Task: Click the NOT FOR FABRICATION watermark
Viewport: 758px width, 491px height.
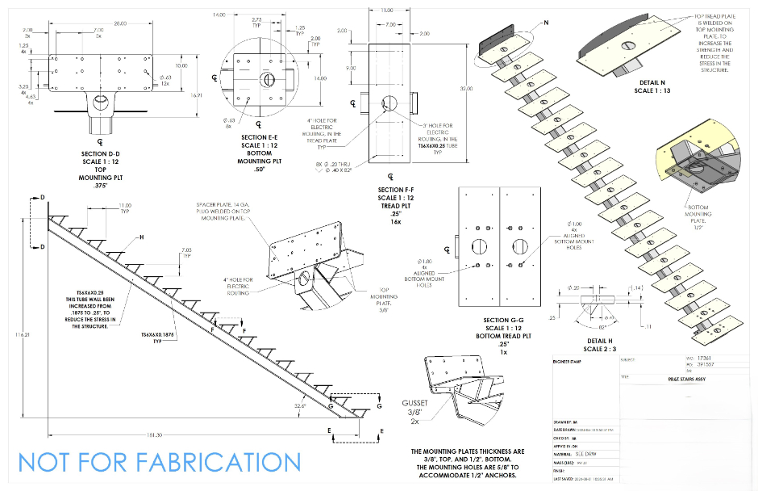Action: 159,463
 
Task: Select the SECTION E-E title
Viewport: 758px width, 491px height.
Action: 260,138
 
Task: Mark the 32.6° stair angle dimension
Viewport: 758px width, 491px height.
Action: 302,405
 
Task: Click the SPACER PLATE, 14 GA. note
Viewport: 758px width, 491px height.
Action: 225,207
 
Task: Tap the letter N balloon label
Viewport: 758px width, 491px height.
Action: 545,22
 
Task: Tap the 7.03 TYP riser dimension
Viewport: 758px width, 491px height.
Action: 187,252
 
